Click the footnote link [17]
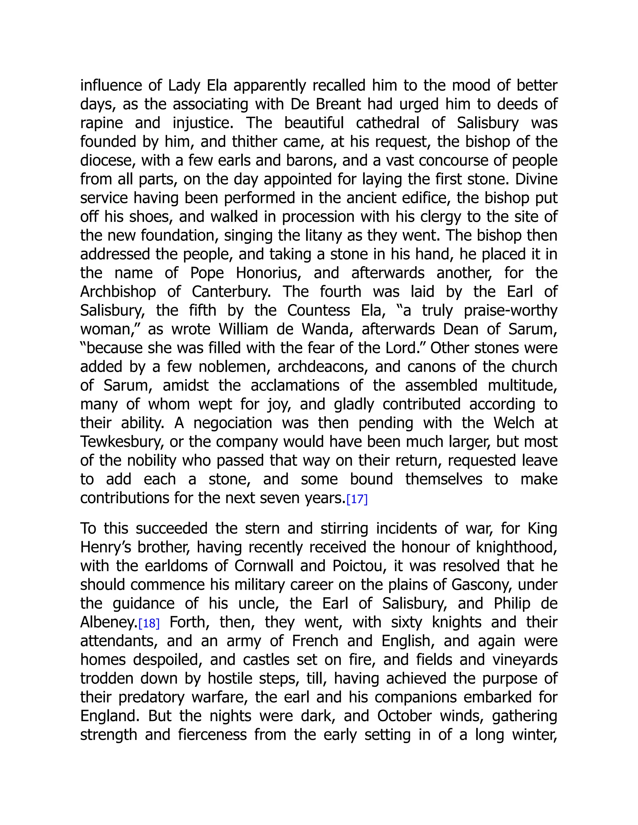coord(357,499)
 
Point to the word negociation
coord(232,423)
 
